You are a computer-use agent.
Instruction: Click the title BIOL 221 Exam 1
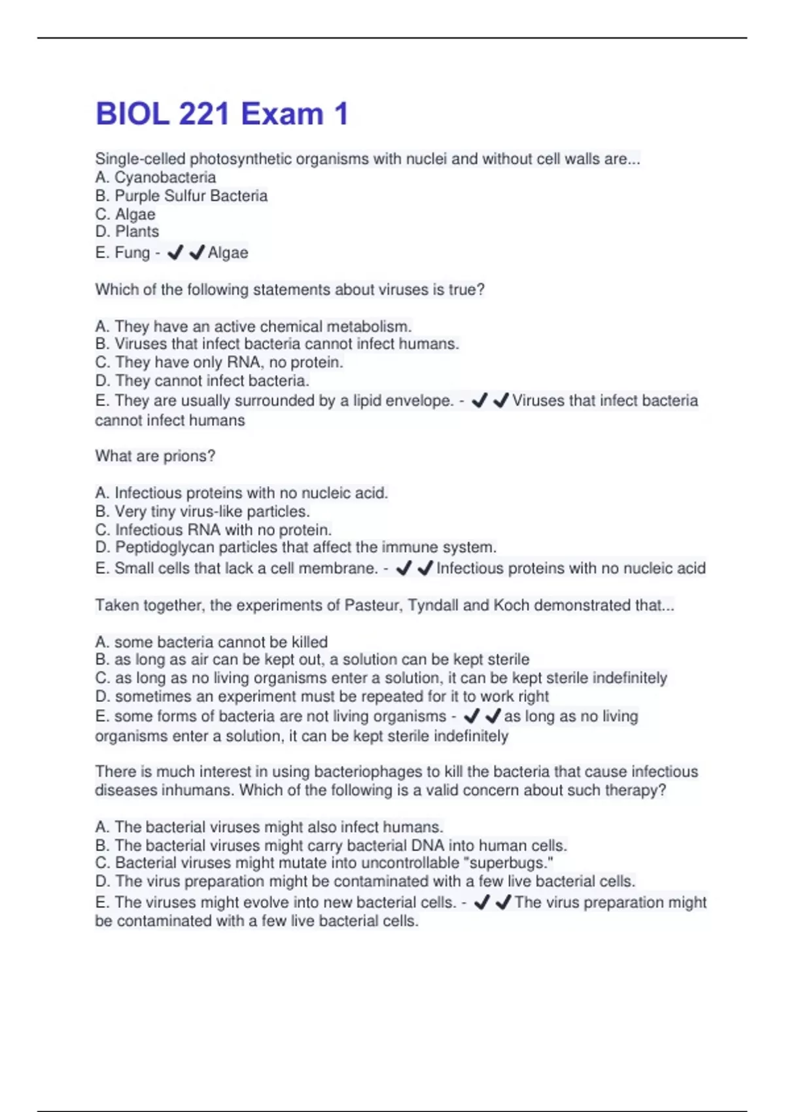pyautogui.click(x=222, y=114)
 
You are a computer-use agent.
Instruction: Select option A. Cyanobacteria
pyautogui.click(x=155, y=177)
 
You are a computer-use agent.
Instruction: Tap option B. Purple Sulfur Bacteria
pyautogui.click(x=181, y=196)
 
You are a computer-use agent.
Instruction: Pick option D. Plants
pyautogui.click(x=127, y=232)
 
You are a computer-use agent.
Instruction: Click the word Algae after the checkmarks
pyautogui.click(x=228, y=252)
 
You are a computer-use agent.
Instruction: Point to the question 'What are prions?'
pyautogui.click(x=155, y=456)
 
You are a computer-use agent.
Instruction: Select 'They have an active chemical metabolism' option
pyautogui.click(x=253, y=326)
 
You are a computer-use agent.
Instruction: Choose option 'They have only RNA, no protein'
pyautogui.click(x=219, y=362)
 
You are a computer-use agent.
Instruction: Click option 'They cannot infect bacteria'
pyautogui.click(x=202, y=381)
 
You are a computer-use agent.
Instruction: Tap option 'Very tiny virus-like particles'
pyautogui.click(x=203, y=512)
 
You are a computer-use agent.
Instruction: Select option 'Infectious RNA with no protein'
pyautogui.click(x=213, y=530)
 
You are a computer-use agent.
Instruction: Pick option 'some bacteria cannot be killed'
pyautogui.click(x=211, y=642)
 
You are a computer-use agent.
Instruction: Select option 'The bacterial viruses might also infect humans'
pyautogui.click(x=269, y=827)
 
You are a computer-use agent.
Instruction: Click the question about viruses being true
pyautogui.click(x=290, y=290)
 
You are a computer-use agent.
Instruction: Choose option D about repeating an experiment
pyautogui.click(x=322, y=696)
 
